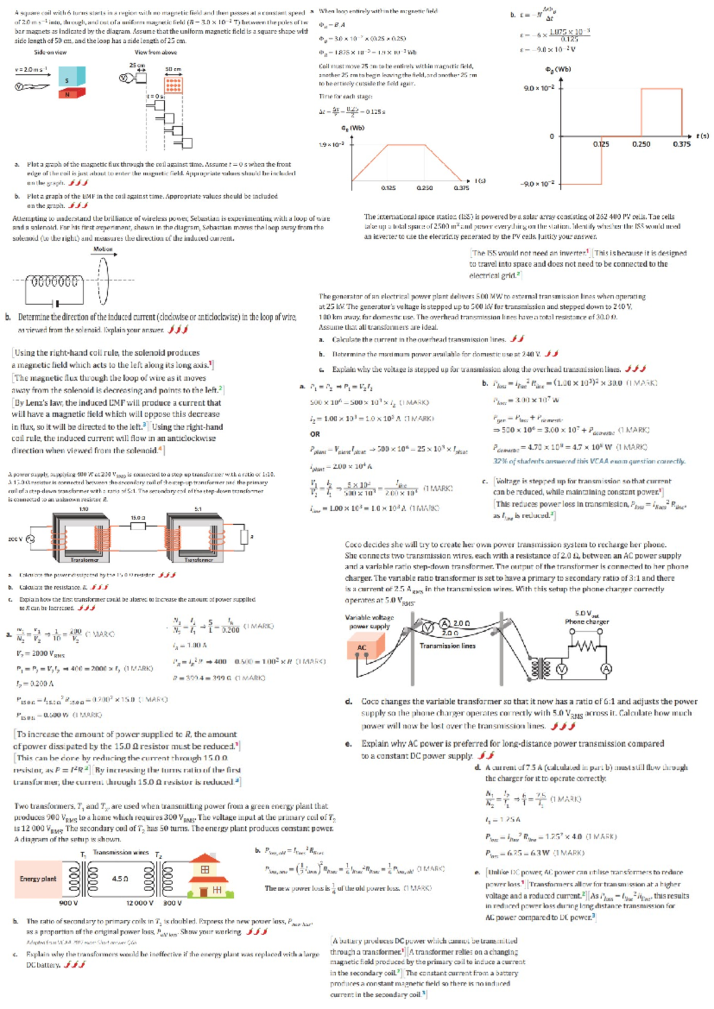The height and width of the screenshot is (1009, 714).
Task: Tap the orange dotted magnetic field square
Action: (173, 85)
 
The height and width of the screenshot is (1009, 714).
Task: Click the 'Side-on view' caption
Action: (50, 52)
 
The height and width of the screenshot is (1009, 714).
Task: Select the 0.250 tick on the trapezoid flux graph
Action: (424, 188)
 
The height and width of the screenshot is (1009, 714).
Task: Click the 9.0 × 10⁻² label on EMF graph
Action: (538, 88)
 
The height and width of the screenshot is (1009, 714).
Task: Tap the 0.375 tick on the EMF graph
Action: (681, 145)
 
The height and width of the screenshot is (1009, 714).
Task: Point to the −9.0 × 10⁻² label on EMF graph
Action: (537, 184)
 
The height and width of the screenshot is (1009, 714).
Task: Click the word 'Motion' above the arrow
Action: (103, 249)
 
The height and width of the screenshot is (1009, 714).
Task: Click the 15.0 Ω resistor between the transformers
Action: (138, 526)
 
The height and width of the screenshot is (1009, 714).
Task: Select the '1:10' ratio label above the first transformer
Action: (84, 509)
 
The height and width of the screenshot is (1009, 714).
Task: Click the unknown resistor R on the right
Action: (244, 537)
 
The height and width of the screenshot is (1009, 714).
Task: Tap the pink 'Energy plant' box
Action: (39, 879)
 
